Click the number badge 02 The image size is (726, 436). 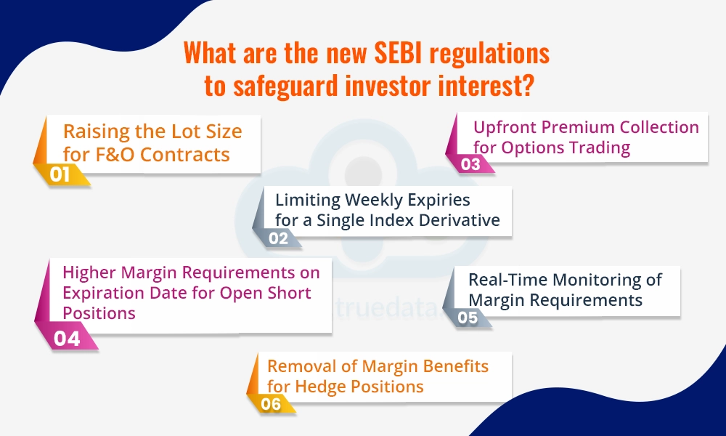(x=278, y=238)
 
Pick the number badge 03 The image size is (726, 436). (x=470, y=163)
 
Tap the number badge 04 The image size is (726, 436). (x=67, y=338)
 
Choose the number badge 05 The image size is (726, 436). (x=468, y=318)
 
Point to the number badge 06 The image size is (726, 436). (x=270, y=405)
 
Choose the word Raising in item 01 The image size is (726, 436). (x=94, y=132)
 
